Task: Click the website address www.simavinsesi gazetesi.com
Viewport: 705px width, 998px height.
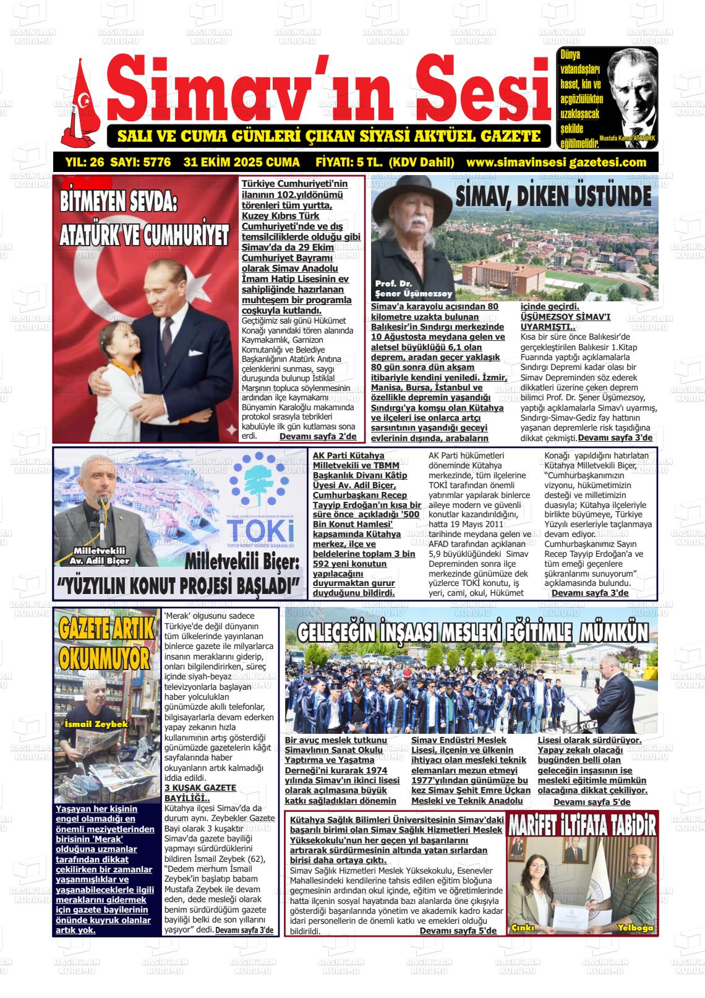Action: (556, 162)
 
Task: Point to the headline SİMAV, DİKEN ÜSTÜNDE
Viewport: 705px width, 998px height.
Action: (553, 196)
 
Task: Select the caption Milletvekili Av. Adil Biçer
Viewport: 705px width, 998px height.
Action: (100, 556)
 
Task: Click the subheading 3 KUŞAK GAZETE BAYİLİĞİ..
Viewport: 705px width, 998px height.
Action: (200, 793)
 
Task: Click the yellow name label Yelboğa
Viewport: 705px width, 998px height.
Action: (635, 927)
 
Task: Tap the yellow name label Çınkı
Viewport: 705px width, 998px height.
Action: (523, 927)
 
